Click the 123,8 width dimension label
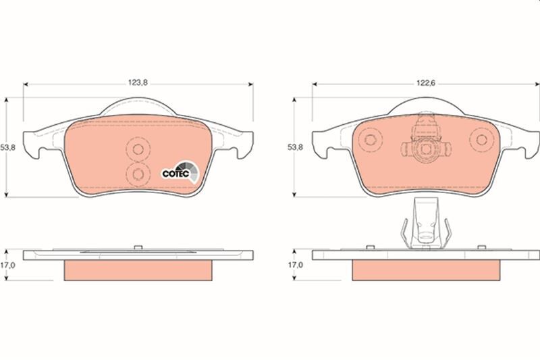pos(138,82)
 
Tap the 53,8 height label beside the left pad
pos(9,147)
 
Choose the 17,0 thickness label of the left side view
pos(9,266)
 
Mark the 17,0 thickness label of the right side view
pos(295,266)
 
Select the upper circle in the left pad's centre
pos(138,150)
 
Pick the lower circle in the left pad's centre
pos(138,175)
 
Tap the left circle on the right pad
pos(369,141)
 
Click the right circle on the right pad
pos(482,141)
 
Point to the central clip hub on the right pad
pos(425,145)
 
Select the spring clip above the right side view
pos(425,226)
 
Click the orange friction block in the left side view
pos(138,269)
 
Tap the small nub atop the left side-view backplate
pos(137,247)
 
